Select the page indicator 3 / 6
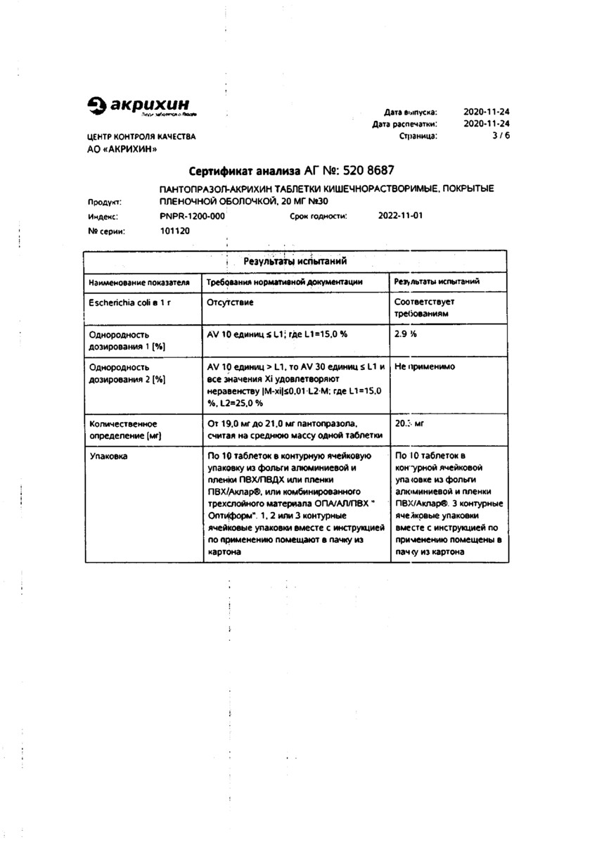point(501,136)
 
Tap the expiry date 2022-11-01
point(401,216)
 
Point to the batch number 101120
point(175,231)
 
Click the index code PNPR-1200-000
point(192,217)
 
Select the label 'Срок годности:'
point(319,217)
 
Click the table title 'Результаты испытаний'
point(295,261)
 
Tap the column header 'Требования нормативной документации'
point(285,282)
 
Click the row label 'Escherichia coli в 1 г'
point(130,302)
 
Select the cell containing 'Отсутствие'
point(231,302)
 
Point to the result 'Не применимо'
point(425,367)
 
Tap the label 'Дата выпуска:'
point(411,112)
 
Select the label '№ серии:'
point(107,231)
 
